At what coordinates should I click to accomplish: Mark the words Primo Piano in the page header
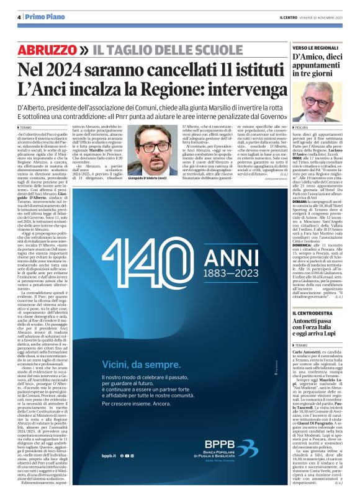pos(43,17)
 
